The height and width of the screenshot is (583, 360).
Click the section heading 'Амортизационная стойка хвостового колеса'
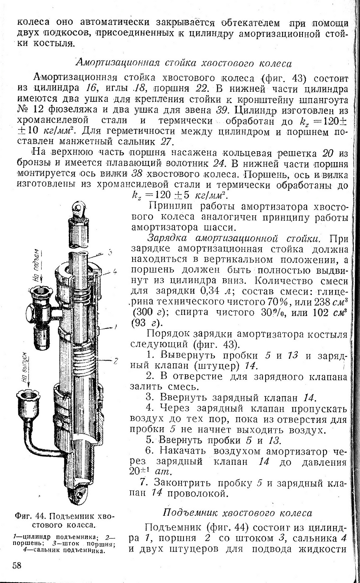tap(183, 63)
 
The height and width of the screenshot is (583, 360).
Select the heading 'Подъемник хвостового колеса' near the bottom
tap(237, 513)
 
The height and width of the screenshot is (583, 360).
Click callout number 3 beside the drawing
tap(110, 253)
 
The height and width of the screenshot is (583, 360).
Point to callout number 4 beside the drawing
tap(115, 271)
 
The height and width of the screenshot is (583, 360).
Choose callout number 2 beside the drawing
tap(115, 361)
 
